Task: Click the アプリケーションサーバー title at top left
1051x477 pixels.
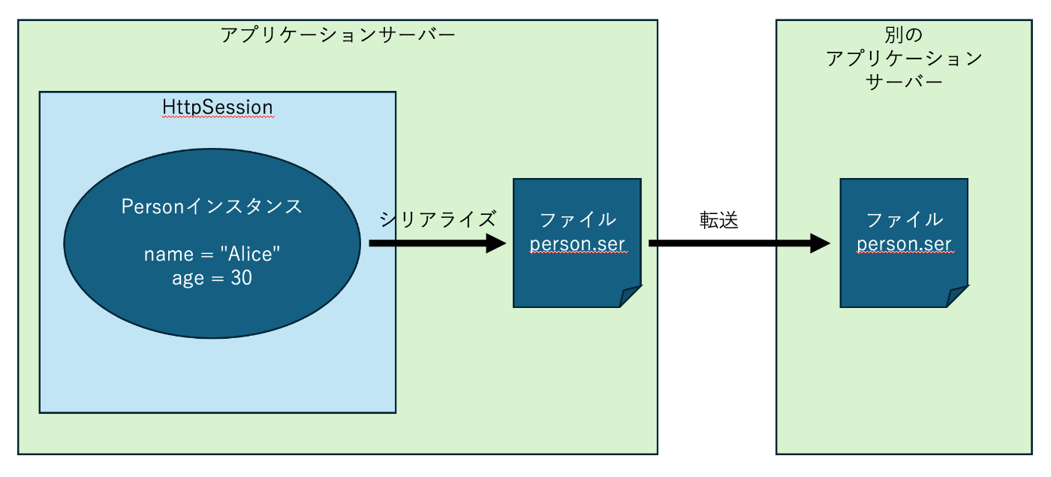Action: [x=338, y=35]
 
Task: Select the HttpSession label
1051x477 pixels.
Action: [x=218, y=107]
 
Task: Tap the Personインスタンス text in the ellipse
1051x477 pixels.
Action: [x=212, y=207]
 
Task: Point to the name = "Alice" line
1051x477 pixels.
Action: [x=212, y=254]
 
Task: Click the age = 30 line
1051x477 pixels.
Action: [x=212, y=278]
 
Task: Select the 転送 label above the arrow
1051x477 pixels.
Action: [x=719, y=220]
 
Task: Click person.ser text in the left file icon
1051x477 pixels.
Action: [x=577, y=244]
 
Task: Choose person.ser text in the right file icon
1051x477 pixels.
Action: [x=904, y=244]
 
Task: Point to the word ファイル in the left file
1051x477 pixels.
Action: [x=577, y=219]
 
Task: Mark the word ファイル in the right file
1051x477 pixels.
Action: [x=904, y=219]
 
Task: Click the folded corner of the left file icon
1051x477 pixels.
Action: [x=630, y=296]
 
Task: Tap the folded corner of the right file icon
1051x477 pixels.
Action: [x=957, y=296]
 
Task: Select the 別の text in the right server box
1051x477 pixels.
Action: [x=904, y=35]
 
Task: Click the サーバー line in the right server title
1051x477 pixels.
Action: [x=904, y=83]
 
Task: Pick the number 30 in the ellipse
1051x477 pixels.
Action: [x=242, y=278]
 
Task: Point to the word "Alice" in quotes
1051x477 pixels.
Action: [x=250, y=254]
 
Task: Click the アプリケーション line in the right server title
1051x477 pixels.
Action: [x=904, y=59]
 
